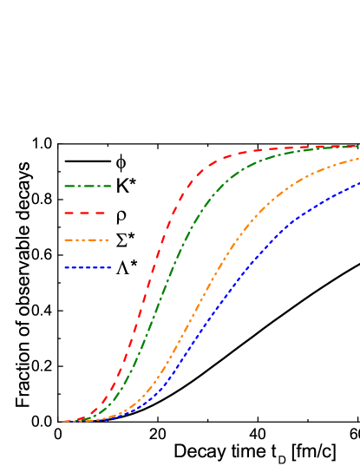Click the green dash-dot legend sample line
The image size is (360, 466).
pyautogui.click(x=88, y=186)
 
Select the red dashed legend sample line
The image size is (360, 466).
pyautogui.click(x=85, y=213)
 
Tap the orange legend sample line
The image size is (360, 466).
pyautogui.click(x=87, y=240)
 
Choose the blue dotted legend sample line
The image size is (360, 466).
pyautogui.click(x=88, y=267)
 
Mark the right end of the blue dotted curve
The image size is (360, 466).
pyautogui.click(x=358, y=183)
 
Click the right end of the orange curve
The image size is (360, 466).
pyautogui.click(x=358, y=159)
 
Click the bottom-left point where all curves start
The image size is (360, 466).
pyautogui.click(x=63, y=422)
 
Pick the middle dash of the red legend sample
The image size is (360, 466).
pyautogui.click(x=85, y=213)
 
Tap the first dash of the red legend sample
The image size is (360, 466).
pyautogui.click(x=69, y=213)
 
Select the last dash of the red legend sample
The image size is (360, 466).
pyautogui.click(x=101, y=213)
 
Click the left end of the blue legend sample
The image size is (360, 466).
pyautogui.click(x=64, y=267)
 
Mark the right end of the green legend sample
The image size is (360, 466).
pyautogui.click(x=111, y=186)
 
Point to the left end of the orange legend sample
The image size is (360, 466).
pyautogui.click(x=64, y=240)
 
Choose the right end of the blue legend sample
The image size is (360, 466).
pyautogui.click(x=111, y=267)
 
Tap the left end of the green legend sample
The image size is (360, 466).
pyautogui.click(x=64, y=186)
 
